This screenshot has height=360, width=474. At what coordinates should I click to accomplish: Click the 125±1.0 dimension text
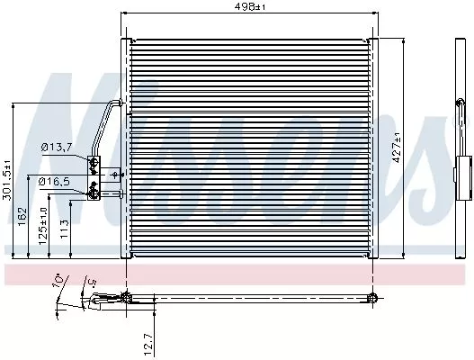click(41, 221)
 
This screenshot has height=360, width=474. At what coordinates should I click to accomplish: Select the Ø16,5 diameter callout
click(53, 183)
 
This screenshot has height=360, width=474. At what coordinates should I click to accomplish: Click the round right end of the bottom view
click(372, 299)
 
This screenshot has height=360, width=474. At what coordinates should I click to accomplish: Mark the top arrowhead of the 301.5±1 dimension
click(13, 104)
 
